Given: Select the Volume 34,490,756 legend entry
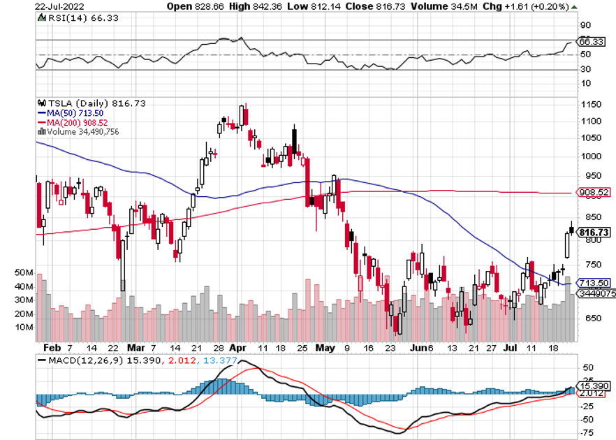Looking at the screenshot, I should click(81, 131).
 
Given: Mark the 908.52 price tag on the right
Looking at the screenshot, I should click(594, 192).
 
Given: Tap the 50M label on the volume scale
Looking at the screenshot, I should click(24, 272).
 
